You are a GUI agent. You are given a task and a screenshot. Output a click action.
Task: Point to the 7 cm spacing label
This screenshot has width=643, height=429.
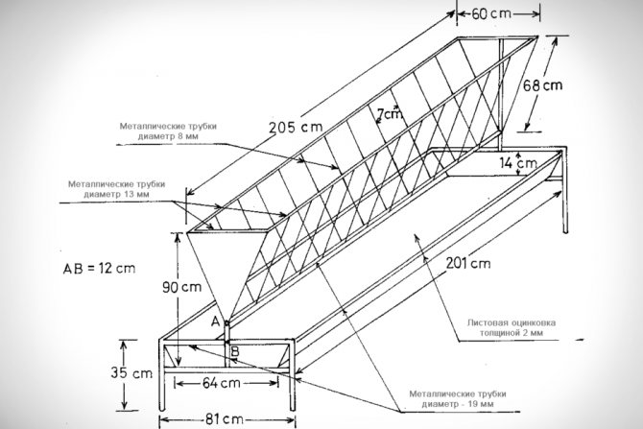tap(389, 114)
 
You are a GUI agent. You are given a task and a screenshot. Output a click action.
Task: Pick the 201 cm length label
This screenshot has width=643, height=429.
tap(466, 262)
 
